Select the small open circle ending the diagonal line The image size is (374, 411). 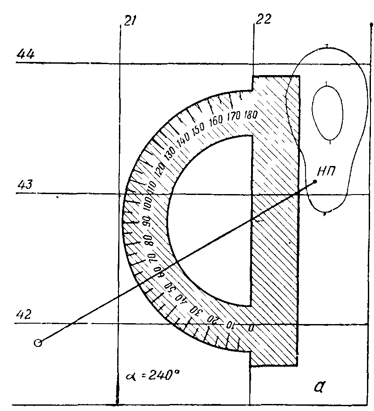click(38, 343)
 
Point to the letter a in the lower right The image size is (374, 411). click(319, 387)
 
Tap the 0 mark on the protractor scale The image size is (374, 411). click(251, 328)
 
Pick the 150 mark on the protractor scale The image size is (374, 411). click(198, 130)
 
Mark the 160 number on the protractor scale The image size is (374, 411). click(216, 121)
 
